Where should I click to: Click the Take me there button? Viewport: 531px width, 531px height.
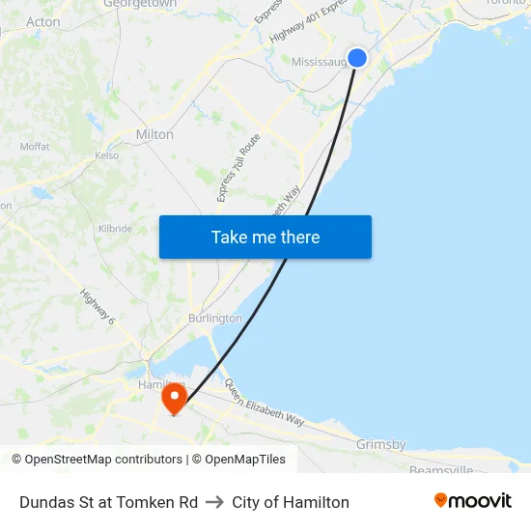tap(265, 238)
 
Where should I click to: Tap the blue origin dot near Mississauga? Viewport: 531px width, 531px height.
tap(357, 58)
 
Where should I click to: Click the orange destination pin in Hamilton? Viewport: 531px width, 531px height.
tap(175, 398)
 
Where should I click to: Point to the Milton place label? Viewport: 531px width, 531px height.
tap(155, 134)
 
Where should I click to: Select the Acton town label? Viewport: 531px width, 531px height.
tap(43, 21)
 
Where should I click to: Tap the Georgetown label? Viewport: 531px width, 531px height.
tap(140, 5)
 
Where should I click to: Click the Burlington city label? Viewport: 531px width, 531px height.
tap(215, 318)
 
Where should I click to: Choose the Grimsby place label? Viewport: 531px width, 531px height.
tap(380, 444)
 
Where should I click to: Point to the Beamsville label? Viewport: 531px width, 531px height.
tap(441, 469)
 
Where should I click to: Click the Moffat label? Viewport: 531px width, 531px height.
tap(35, 147)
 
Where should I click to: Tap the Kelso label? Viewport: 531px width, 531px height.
tap(106, 155)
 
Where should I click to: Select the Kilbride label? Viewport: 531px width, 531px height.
tap(115, 229)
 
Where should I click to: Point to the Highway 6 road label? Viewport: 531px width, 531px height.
tap(98, 308)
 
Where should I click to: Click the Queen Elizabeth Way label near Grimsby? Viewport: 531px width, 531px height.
tap(265, 404)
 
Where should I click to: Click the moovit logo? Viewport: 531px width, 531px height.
tap(472, 500)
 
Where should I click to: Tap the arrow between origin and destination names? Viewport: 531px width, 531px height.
tap(214, 502)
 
